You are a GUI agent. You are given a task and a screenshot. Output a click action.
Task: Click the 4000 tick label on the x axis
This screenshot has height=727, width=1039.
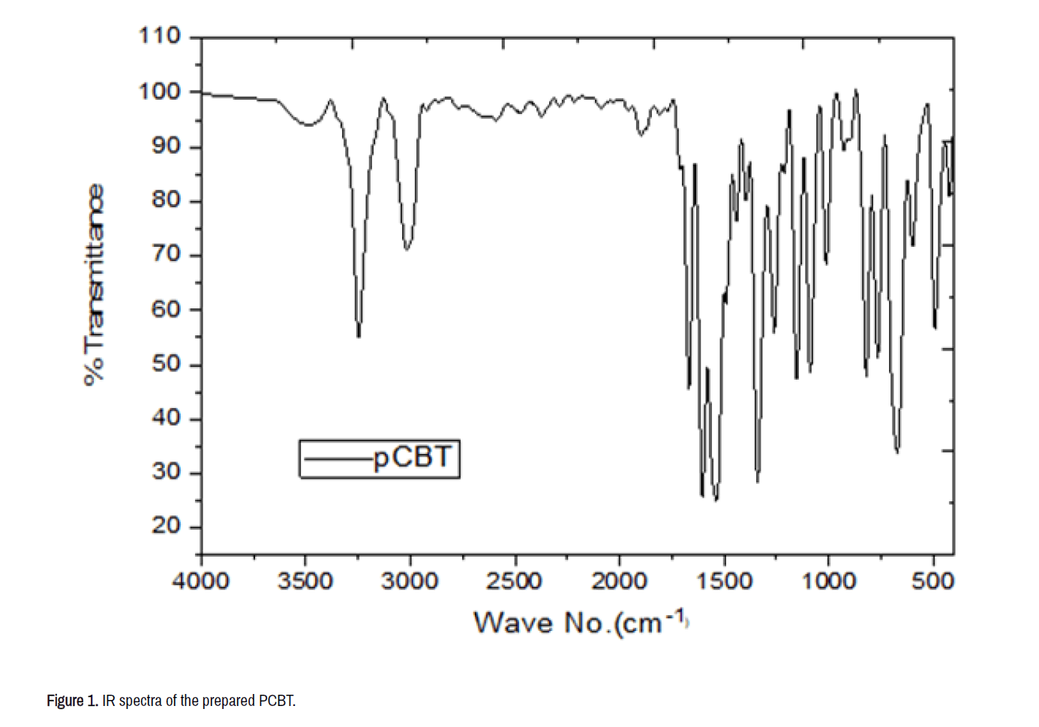[200, 581]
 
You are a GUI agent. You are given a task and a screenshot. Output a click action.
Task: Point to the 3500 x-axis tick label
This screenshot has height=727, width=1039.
[305, 581]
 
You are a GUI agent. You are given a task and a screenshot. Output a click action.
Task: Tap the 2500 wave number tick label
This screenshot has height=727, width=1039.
[515, 581]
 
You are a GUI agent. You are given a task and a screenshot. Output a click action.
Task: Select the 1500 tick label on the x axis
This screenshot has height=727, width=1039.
[724, 581]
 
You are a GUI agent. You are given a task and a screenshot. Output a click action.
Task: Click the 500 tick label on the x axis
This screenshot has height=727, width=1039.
[933, 581]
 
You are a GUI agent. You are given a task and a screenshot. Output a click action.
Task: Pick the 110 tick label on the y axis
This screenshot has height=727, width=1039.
[160, 36]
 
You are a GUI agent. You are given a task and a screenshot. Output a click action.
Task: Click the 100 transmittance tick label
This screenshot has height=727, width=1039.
[160, 92]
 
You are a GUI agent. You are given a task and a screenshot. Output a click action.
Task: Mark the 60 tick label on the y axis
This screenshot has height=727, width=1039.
[166, 310]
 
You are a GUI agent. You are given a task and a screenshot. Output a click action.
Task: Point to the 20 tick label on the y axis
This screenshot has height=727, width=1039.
[166, 526]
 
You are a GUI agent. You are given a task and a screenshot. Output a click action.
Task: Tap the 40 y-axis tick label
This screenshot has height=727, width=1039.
[166, 418]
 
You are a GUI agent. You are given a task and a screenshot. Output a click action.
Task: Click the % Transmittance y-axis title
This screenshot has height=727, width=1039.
[94, 285]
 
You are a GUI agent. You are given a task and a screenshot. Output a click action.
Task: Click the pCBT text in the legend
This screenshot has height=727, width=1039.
[413, 457]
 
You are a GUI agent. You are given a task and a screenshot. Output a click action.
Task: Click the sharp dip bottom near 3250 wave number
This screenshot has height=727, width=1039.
[359, 337]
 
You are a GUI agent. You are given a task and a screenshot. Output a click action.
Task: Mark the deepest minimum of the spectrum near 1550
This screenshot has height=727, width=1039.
[716, 500]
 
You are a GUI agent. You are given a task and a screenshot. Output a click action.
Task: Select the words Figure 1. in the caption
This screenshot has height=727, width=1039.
[72, 701]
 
